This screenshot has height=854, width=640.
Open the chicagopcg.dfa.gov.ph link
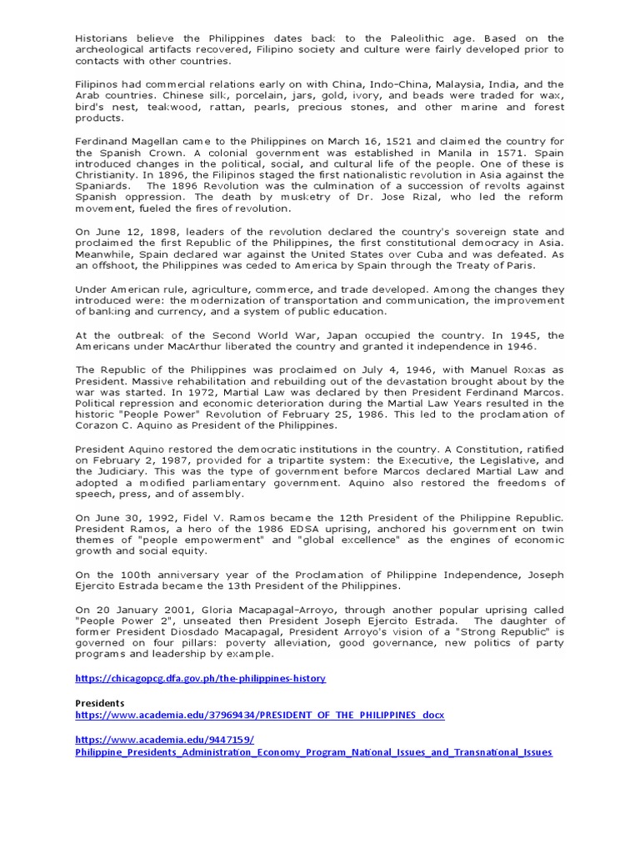coord(200,679)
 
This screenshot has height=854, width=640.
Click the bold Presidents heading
coord(99,703)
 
